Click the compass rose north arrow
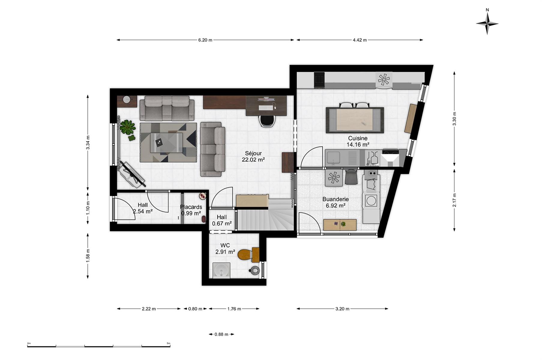tap(487, 22)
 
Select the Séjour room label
tap(253, 153)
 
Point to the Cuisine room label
tap(358, 138)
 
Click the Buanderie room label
tap(336, 199)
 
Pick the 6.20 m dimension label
tap(205, 40)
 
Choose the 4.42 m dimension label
tap(360, 40)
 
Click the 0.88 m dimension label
tap(221, 334)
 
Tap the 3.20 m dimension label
tap(342, 309)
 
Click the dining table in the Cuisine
tap(355, 120)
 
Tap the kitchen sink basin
tap(333, 157)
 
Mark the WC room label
tap(225, 245)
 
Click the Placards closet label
tap(191, 207)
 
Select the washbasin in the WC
tap(221, 270)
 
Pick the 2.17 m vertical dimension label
tap(454, 200)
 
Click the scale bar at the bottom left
tap(98, 346)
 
